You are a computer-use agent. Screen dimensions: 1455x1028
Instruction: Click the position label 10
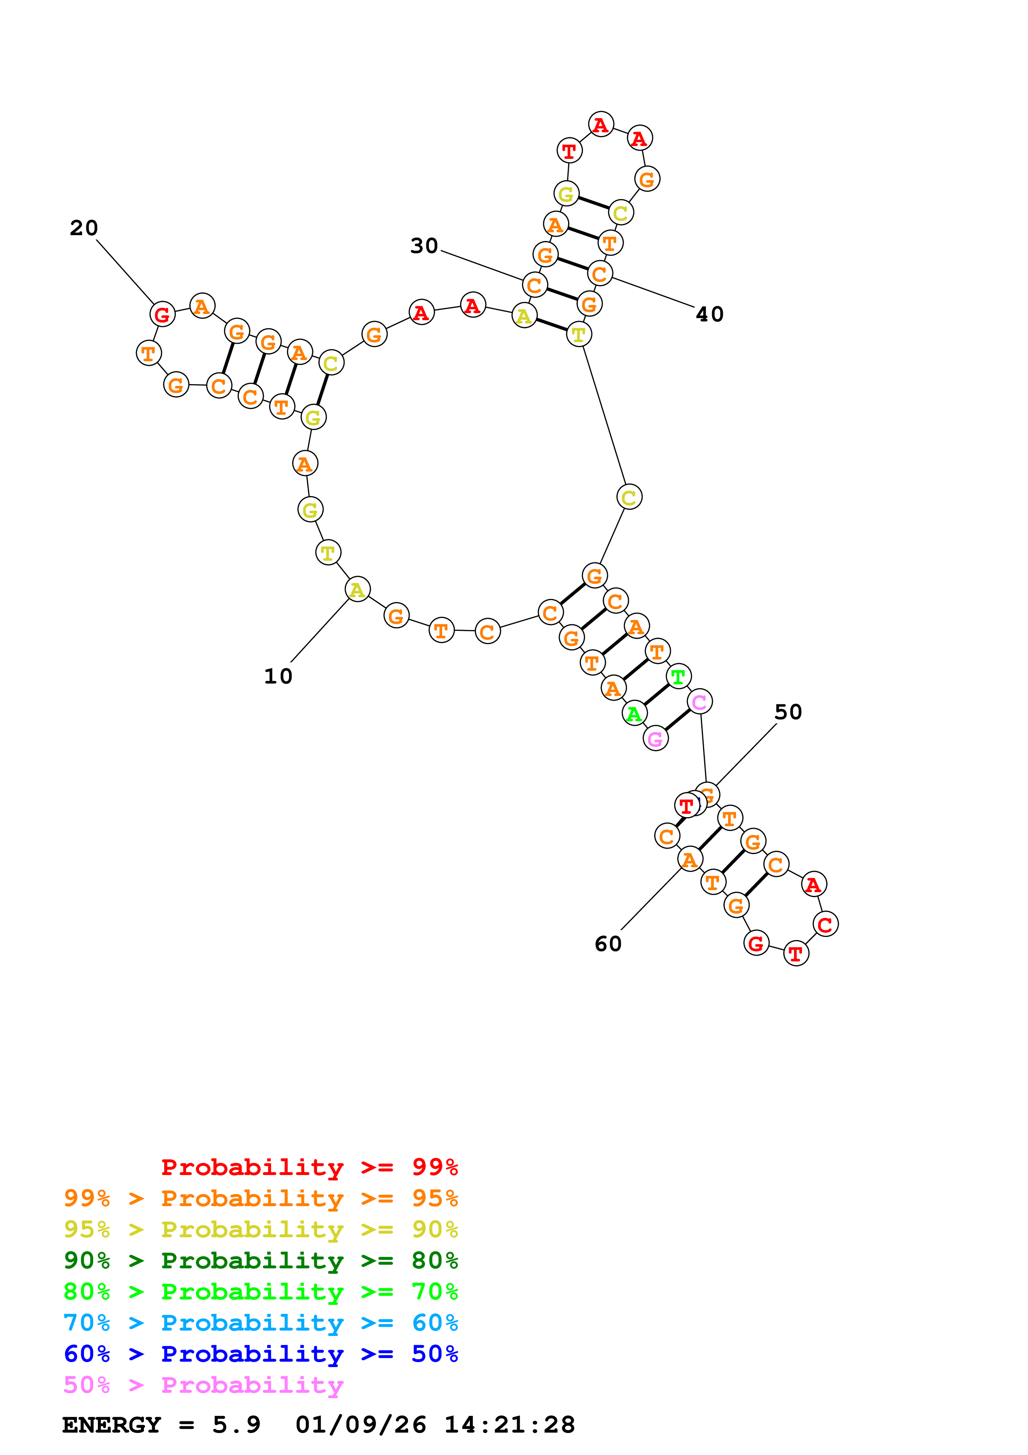(x=278, y=676)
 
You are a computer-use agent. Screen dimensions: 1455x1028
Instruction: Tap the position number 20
(x=84, y=228)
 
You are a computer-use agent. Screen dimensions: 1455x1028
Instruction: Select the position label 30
(x=424, y=246)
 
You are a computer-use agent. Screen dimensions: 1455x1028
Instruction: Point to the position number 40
(x=710, y=314)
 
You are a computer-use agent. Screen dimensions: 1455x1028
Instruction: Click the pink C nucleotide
(x=699, y=701)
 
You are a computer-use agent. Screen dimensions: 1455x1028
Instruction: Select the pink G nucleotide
(x=656, y=738)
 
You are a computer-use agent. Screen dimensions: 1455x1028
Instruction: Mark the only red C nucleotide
(x=825, y=924)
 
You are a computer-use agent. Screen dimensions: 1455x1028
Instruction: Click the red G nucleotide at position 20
(x=162, y=314)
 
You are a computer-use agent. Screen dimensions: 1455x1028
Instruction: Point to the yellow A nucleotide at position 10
(x=357, y=589)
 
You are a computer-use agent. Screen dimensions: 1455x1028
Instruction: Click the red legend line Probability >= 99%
(x=309, y=1167)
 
